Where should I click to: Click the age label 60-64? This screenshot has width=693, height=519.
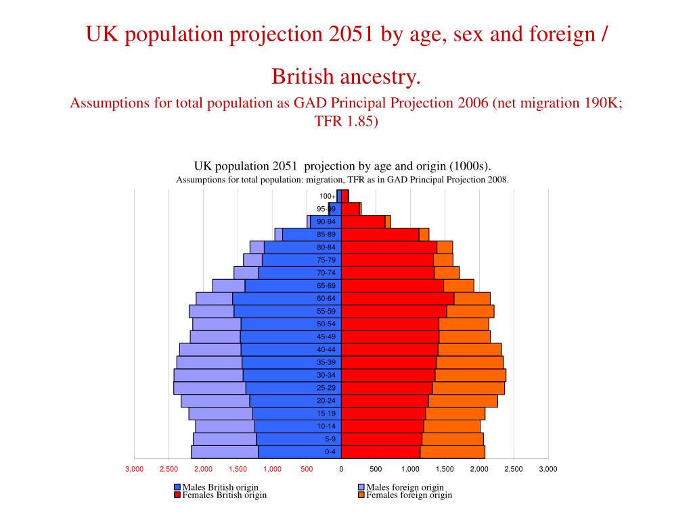(x=326, y=299)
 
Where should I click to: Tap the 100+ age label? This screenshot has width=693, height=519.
(x=328, y=197)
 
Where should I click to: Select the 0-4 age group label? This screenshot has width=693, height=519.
(x=330, y=452)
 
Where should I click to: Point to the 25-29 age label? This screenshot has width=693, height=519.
(x=326, y=388)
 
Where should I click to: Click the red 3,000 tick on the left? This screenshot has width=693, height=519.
(x=134, y=469)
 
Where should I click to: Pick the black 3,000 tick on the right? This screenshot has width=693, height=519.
(x=547, y=469)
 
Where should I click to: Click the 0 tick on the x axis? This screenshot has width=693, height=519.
(x=341, y=469)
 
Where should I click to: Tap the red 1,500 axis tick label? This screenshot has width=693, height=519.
(x=238, y=469)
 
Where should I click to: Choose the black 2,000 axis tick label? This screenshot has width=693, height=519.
(x=478, y=469)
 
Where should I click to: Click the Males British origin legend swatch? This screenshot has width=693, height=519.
(x=177, y=487)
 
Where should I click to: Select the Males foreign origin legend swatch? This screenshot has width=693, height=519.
(x=361, y=487)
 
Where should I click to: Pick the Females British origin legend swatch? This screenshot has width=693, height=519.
(x=177, y=495)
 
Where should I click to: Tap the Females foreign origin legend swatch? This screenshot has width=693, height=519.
(x=361, y=495)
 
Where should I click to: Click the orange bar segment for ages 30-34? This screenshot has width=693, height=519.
(x=470, y=375)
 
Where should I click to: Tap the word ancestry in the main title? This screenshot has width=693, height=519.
(x=378, y=76)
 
